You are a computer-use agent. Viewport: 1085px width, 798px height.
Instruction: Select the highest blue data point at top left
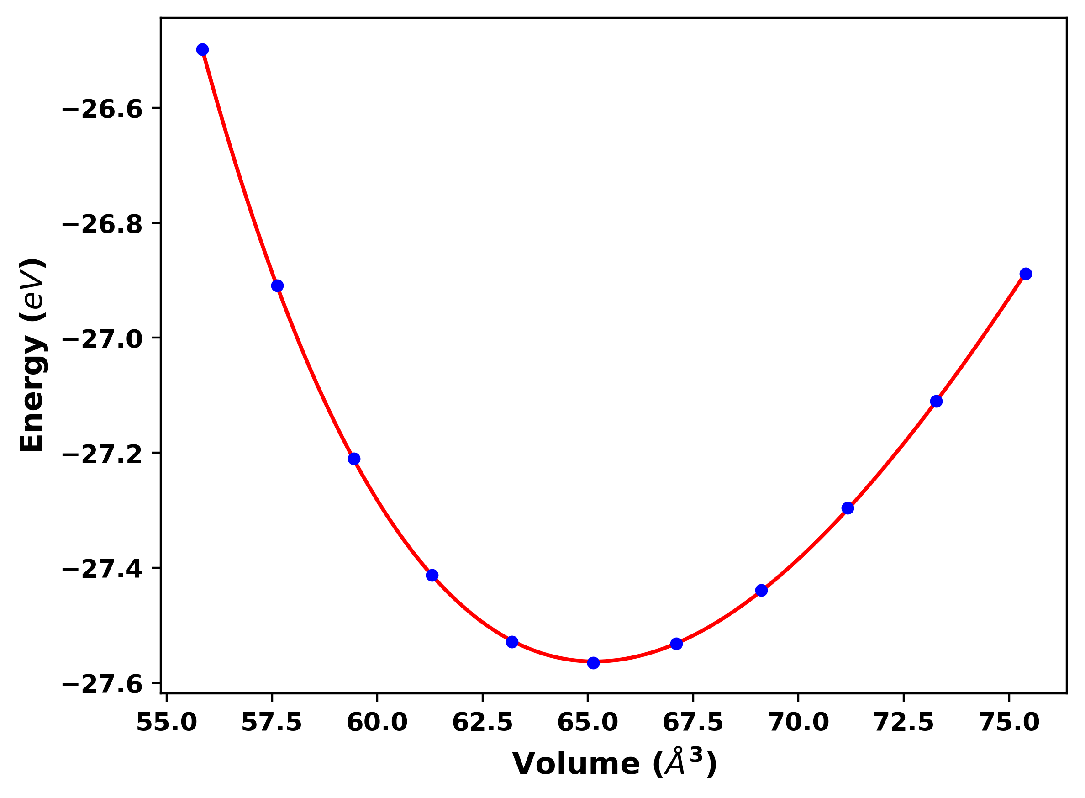tap(203, 50)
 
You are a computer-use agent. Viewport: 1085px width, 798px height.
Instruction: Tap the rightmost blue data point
tap(1026, 274)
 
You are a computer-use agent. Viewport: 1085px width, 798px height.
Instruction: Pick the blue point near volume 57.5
tap(277, 286)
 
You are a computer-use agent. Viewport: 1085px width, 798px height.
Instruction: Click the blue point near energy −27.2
tap(354, 459)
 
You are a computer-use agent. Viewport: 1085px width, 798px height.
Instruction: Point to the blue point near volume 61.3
tap(432, 575)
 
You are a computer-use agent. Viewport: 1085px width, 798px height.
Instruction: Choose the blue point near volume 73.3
tap(936, 402)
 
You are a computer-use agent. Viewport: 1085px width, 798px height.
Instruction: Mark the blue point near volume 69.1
tap(762, 590)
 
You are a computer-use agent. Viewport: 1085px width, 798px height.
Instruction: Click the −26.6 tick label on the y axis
tap(102, 110)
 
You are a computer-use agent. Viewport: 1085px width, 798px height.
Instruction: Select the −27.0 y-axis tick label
tap(102, 339)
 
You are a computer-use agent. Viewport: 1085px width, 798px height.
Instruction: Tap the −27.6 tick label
tap(102, 685)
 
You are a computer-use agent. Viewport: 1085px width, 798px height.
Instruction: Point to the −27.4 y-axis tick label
tap(102, 570)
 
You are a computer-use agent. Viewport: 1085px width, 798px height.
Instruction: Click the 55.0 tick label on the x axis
tap(167, 723)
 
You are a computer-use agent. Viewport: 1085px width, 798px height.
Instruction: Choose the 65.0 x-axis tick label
tap(588, 723)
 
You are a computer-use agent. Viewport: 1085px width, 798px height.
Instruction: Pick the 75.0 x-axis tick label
tap(1009, 723)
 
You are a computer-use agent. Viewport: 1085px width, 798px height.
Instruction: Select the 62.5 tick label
tap(482, 723)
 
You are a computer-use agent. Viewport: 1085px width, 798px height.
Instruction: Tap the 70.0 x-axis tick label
tap(799, 723)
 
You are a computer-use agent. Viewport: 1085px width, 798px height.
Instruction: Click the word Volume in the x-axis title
tap(576, 764)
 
